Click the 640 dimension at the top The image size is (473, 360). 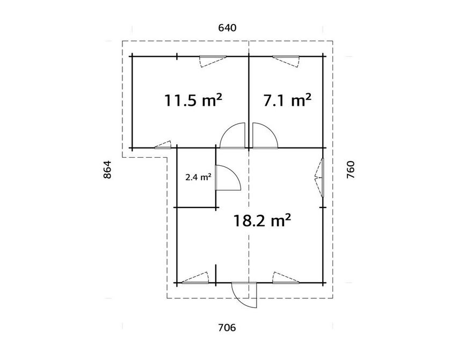pyautogui.click(x=227, y=28)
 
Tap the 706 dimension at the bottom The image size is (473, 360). pyautogui.click(x=227, y=327)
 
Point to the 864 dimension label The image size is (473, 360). pyautogui.click(x=107, y=170)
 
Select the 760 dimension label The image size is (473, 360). pyautogui.click(x=351, y=170)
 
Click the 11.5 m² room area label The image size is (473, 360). pyautogui.click(x=193, y=100)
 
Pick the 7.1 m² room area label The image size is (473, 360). pyautogui.click(x=287, y=100)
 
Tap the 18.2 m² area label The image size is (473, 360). pyautogui.click(x=262, y=221)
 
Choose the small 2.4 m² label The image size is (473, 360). pyautogui.click(x=198, y=177)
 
